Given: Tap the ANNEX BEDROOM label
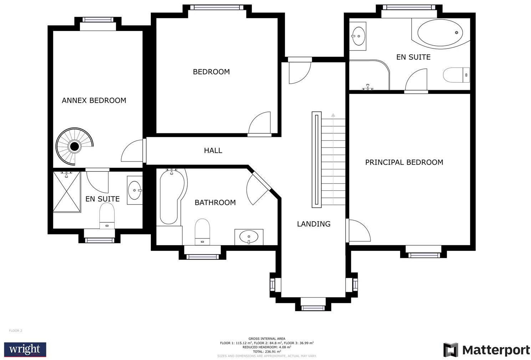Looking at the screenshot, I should (x=94, y=101).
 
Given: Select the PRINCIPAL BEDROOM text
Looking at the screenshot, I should (x=404, y=162).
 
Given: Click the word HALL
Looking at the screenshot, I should (x=213, y=150).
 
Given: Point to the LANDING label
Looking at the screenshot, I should (x=313, y=224).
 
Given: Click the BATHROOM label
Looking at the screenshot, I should (x=215, y=202).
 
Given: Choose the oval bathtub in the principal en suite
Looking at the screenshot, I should (x=440, y=33).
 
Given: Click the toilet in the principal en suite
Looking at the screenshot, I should (x=456, y=75).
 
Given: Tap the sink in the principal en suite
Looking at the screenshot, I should (x=357, y=36).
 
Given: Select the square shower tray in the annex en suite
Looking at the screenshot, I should (x=67, y=192).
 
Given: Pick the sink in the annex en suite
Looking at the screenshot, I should (x=134, y=190).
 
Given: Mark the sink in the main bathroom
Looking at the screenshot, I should (x=249, y=237).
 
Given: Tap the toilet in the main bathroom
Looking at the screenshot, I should (x=202, y=231).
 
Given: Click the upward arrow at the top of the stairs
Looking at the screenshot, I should (x=333, y=115).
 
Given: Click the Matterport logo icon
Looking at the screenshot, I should (x=450, y=350).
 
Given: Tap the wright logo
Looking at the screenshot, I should (x=25, y=349).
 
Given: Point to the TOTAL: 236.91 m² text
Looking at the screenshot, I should (x=267, y=351).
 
